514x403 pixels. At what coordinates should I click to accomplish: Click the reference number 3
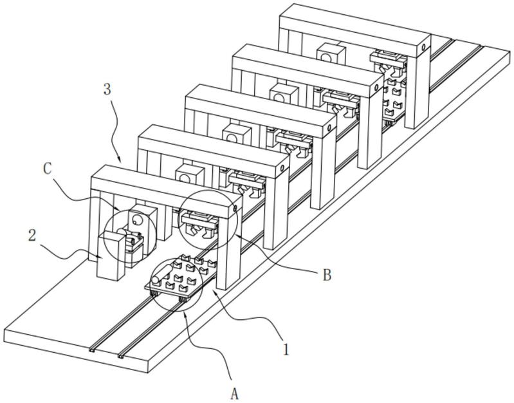click(x=107, y=89)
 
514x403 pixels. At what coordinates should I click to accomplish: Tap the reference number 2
click(x=32, y=236)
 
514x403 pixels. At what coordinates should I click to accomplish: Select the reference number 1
click(x=286, y=350)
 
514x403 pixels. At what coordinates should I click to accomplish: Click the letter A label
click(x=234, y=393)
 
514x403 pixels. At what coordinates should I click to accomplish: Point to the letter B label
click(x=327, y=275)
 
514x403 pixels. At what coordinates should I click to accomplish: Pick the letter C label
click(x=48, y=169)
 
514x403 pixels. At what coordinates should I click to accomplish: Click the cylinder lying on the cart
click(x=160, y=275)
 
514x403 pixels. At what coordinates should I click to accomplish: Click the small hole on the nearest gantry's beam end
click(x=235, y=209)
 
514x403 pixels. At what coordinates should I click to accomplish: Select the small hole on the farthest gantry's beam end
click(x=423, y=48)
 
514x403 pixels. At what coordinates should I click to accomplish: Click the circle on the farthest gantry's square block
click(x=326, y=58)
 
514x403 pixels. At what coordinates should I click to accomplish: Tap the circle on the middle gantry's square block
click(x=232, y=138)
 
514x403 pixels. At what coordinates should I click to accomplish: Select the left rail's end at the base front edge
click(x=92, y=351)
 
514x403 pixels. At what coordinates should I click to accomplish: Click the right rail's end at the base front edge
click(x=121, y=356)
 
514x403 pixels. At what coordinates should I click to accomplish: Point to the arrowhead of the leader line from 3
click(x=121, y=162)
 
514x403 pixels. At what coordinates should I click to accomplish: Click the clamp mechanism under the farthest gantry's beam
click(x=388, y=61)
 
